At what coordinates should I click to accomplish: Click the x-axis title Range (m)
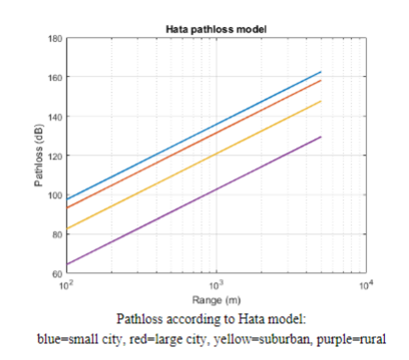click(x=214, y=298)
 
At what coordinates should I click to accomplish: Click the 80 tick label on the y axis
click(x=56, y=233)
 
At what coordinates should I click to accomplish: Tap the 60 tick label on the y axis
click(x=56, y=272)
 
